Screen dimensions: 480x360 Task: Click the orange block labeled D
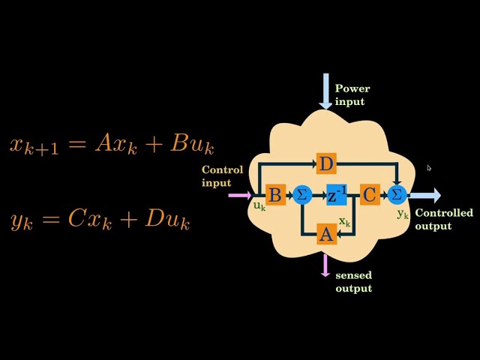click(326, 163)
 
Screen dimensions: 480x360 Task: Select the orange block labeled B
click(275, 195)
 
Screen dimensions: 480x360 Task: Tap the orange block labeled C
click(370, 195)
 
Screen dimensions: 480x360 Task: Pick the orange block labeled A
click(327, 235)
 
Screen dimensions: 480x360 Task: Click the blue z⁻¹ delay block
click(337, 195)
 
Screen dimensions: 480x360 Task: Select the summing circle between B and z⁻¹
click(302, 195)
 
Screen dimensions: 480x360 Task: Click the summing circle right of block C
click(397, 195)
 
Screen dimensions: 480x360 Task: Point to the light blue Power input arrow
click(325, 91)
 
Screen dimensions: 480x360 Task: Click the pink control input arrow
click(240, 195)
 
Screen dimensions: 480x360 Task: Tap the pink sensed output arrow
click(325, 265)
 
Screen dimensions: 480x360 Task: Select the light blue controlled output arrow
click(425, 195)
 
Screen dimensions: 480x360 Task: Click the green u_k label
click(259, 206)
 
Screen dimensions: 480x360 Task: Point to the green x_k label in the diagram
click(344, 222)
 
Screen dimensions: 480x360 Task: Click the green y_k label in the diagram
click(403, 214)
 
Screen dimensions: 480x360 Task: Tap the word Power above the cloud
click(352, 88)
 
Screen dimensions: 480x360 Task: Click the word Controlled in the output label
click(444, 212)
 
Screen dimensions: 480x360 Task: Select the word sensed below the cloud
click(353, 275)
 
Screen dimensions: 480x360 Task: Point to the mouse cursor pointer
click(429, 168)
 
